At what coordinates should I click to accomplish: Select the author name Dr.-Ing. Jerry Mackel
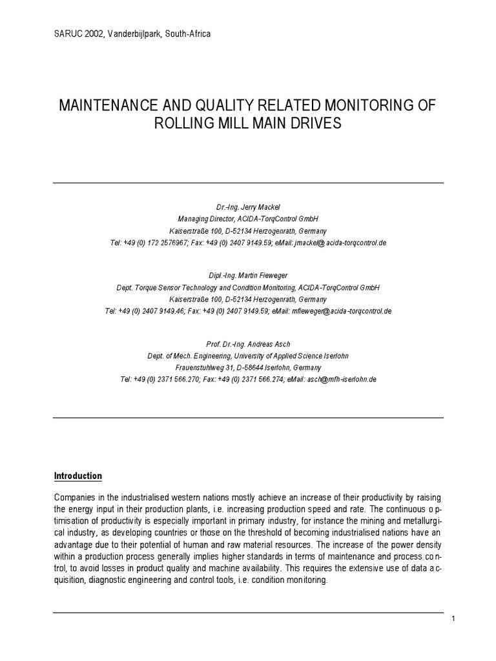point(247,207)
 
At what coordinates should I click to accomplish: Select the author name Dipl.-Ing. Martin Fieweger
point(247,276)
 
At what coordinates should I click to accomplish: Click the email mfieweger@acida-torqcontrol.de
point(342,310)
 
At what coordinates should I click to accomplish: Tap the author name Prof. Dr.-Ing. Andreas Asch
point(247,345)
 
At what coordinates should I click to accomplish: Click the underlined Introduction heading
point(77,476)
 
